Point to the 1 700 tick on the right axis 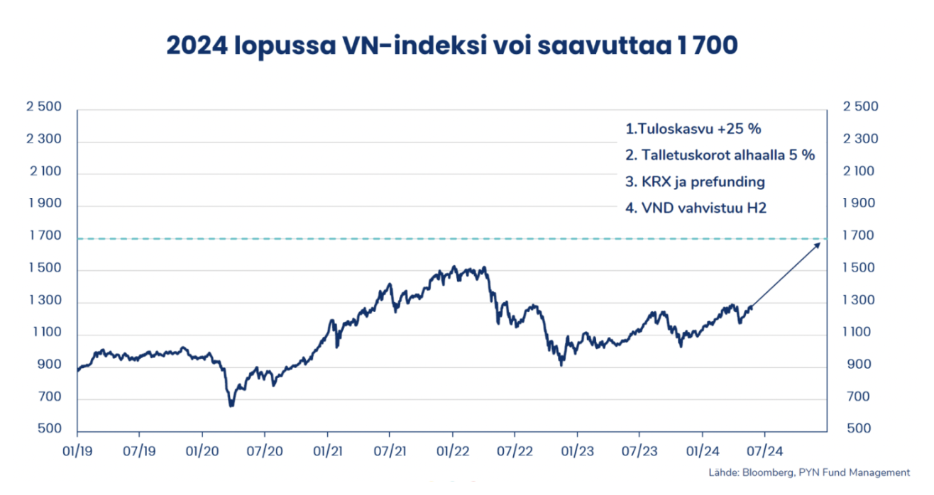[859, 236]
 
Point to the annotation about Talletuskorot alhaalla [720, 155]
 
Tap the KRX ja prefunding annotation [695, 182]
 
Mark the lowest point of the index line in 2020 [231, 406]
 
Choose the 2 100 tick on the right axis [859, 172]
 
